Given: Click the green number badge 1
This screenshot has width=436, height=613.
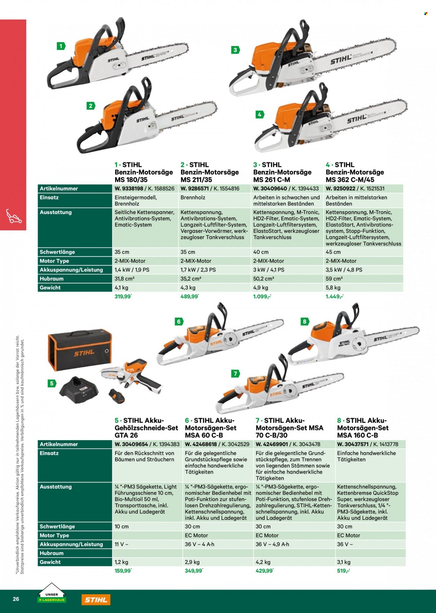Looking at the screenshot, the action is [61, 46].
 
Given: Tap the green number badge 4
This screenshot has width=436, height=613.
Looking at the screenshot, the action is [259, 115].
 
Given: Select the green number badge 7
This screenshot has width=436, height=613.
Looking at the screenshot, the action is [235, 374].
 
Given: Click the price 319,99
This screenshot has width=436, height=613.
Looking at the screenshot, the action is [123, 297].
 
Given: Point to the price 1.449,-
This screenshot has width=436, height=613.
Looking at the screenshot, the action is [334, 297].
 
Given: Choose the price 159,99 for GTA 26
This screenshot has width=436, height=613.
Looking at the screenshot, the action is [123, 571].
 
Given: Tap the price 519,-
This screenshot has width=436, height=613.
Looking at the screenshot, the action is [343, 571].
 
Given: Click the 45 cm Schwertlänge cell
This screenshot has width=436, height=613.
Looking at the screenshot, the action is [333, 252].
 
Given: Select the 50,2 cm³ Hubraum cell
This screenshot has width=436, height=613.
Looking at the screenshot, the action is [263, 279].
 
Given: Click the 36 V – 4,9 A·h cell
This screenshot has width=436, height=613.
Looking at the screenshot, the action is [272, 544].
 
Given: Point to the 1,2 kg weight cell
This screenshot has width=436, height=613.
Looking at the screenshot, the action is [121, 562].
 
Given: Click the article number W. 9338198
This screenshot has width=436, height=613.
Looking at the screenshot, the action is [129, 189].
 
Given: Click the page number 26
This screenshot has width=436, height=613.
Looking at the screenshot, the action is [16, 599].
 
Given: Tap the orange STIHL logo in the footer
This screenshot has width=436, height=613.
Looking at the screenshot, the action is [96, 600].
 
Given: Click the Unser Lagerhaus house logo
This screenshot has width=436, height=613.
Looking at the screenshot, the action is [51, 593].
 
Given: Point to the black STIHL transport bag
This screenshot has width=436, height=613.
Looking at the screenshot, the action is [80, 349].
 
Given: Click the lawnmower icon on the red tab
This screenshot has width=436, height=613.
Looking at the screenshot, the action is [14, 216].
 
